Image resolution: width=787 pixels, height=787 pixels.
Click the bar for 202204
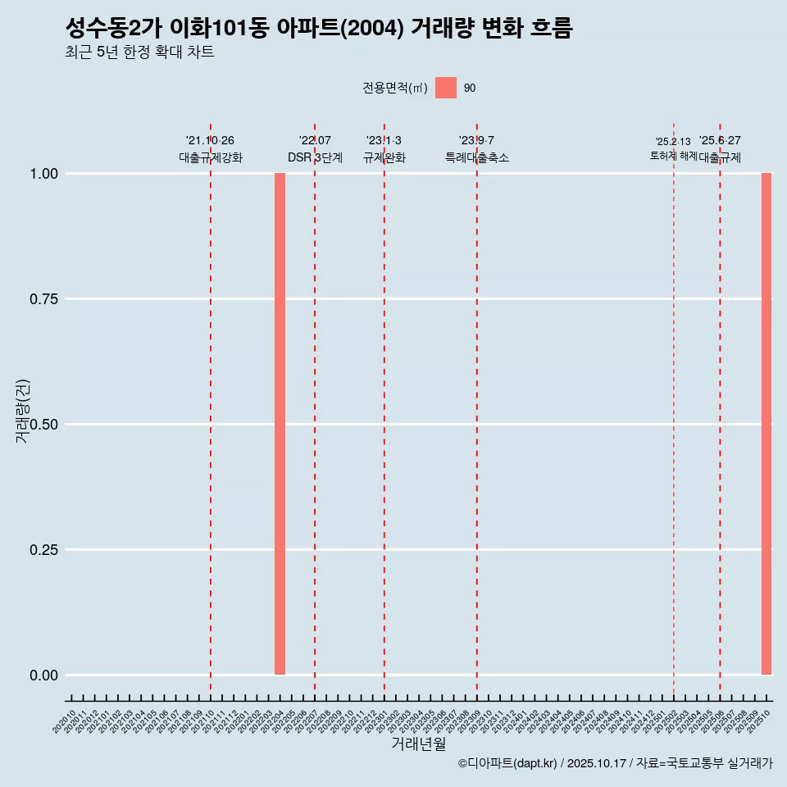280,424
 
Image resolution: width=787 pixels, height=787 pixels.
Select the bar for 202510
767,424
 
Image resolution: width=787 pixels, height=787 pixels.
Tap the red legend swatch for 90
446,88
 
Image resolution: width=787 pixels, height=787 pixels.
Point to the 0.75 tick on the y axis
43,299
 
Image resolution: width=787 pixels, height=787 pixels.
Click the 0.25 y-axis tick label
43,550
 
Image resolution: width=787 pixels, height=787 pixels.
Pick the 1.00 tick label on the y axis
43,174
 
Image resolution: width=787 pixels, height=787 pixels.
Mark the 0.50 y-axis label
43,425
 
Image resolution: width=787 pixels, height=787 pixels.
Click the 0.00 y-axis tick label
43,676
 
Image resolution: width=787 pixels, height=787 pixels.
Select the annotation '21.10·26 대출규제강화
211,149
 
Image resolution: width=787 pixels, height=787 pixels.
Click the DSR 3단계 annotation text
315,157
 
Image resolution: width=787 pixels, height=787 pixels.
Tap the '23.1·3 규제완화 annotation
384,149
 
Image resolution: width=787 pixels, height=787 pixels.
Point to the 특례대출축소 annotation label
476,157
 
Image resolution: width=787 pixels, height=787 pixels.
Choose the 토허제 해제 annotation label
673,155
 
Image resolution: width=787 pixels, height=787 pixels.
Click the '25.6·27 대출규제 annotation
720,149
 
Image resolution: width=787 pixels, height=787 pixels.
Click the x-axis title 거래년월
419,744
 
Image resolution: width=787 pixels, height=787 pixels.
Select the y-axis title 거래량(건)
23,410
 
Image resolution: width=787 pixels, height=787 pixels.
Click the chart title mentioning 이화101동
318,28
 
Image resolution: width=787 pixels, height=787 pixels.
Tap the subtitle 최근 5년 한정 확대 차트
139,52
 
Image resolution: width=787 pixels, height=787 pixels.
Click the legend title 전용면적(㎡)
395,88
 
